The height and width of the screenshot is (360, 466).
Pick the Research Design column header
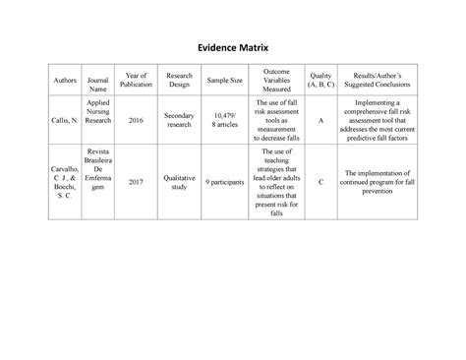(179, 79)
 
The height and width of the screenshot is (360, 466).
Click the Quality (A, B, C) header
(320, 79)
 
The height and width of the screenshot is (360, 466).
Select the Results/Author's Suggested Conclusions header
(378, 79)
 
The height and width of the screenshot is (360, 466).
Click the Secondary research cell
(179, 120)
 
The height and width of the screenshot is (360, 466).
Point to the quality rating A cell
(320, 120)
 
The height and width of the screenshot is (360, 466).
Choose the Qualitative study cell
(179, 181)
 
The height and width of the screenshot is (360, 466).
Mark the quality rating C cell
(320, 181)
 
